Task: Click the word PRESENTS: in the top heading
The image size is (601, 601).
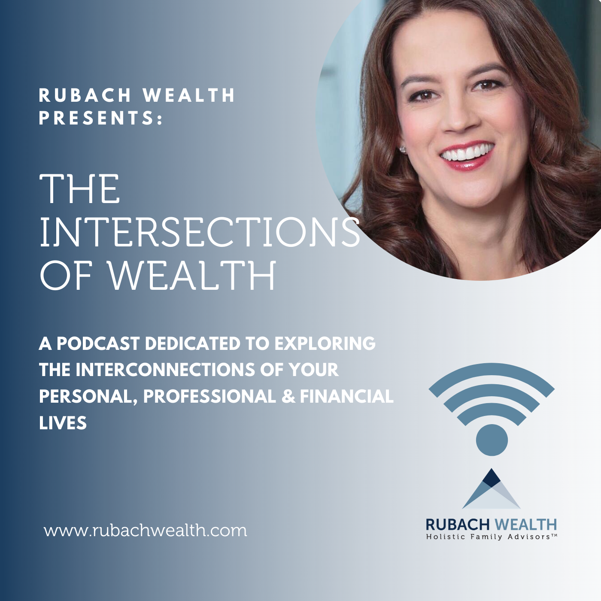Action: click(x=101, y=118)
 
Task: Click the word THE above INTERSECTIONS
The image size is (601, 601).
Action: click(x=80, y=188)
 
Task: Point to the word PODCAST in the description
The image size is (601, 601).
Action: click(x=97, y=344)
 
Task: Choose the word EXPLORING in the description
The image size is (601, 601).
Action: click(x=325, y=344)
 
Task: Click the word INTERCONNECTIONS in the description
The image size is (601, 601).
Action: click(x=165, y=370)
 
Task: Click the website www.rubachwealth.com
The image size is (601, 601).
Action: click(x=146, y=530)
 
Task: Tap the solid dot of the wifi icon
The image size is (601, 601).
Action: click(x=492, y=440)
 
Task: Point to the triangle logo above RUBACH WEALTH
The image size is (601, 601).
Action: click(x=491, y=489)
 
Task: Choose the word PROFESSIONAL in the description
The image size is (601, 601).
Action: click(x=209, y=396)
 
